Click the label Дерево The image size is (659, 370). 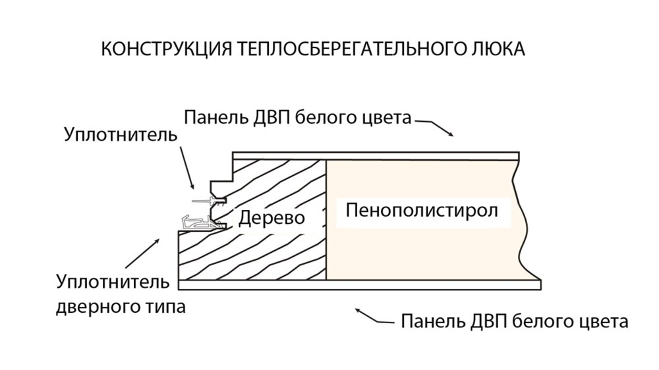(x=272, y=218)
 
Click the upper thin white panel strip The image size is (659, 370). (x=376, y=155)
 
